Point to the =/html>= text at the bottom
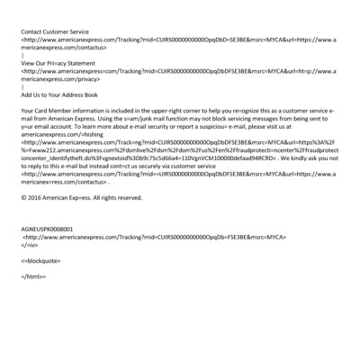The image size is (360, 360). [33, 276]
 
